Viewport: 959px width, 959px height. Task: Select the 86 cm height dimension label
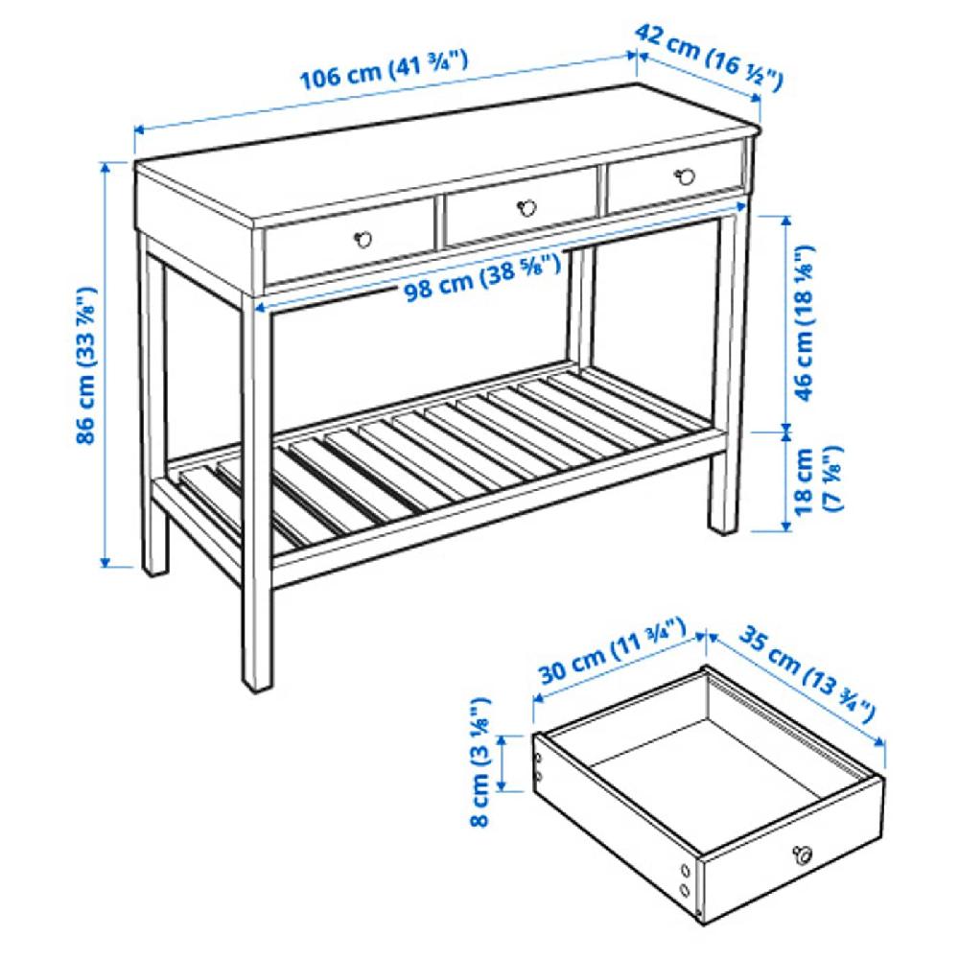(x=87, y=365)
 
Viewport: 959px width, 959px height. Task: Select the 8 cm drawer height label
(x=482, y=762)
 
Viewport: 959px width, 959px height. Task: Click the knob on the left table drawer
(x=363, y=238)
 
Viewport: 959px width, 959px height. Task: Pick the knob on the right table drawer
(x=685, y=175)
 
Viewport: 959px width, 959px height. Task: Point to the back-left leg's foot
(x=155, y=570)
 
